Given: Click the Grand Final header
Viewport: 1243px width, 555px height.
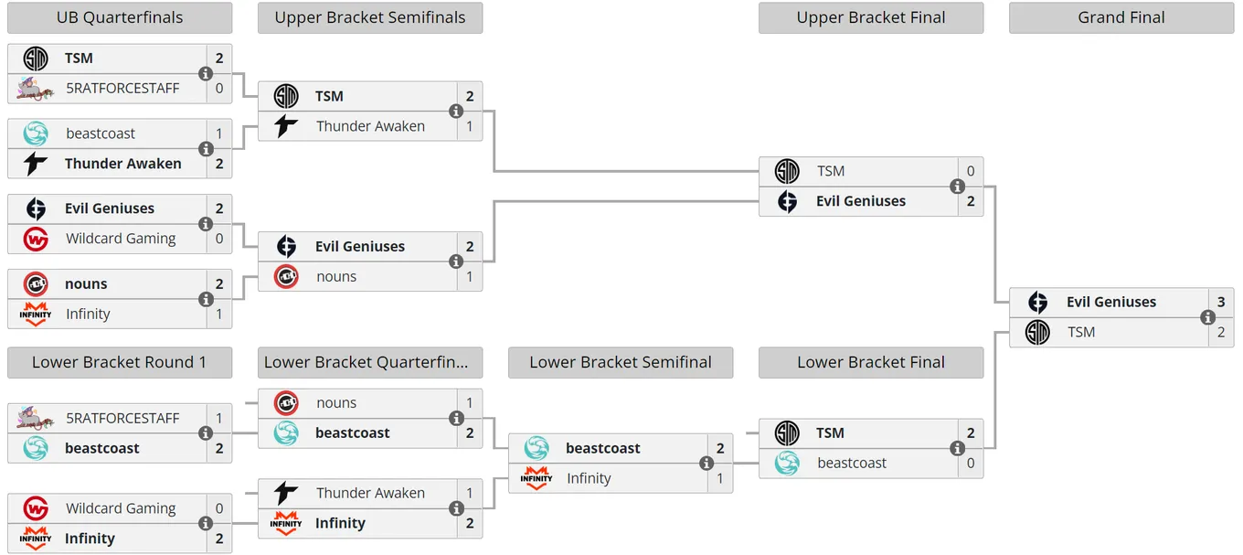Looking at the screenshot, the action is pos(1121,17).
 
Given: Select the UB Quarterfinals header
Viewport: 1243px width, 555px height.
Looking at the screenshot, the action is pos(120,17).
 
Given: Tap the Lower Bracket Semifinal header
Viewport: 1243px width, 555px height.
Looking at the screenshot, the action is pos(621,362).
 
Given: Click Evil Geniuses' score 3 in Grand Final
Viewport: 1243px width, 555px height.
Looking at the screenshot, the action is pos(1221,302).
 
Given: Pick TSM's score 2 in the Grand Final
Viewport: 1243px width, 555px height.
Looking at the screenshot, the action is pos(1221,332).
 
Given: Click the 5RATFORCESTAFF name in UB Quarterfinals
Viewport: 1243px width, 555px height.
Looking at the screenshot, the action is pos(122,89).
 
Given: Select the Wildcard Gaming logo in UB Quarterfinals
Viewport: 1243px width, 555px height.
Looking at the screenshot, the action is pos(36,239).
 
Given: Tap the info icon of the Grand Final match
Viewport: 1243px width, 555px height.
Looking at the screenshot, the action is pos(1207,317).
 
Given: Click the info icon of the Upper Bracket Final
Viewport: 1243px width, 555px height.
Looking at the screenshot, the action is pos(957,186).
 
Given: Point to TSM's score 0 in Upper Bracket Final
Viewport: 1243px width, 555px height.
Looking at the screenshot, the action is pos(971,171).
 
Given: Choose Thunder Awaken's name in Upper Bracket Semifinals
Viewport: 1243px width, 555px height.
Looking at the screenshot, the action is pos(371,126).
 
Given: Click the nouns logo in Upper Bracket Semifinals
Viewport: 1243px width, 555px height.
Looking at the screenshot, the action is pos(286,276).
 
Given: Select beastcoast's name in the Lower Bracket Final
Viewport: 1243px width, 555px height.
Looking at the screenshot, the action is pos(852,463).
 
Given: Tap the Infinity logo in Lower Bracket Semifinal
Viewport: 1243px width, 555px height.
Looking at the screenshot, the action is pos(536,478).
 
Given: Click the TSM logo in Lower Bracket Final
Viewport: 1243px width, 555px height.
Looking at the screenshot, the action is pos(787,432).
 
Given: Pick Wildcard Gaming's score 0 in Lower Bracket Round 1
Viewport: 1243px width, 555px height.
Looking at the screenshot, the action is pos(219,508).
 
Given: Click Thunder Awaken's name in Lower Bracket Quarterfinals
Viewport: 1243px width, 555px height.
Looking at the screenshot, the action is pos(371,493).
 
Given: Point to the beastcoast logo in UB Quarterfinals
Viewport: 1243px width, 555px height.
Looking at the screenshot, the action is pos(36,133).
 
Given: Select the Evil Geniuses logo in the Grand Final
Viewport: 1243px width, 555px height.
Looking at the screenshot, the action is pos(1037,302).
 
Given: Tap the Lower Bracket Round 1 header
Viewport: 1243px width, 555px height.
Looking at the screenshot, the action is pos(120,362).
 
